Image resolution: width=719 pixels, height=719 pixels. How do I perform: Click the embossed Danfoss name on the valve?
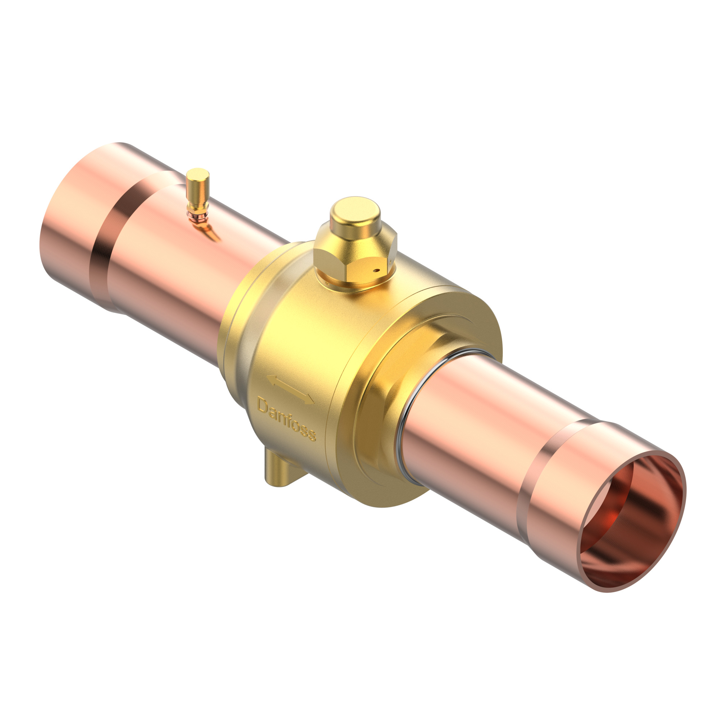[x=286, y=420]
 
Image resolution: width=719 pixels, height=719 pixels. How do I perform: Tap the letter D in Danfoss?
[x=262, y=405]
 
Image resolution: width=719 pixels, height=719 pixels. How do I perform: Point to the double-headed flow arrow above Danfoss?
[x=290, y=390]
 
